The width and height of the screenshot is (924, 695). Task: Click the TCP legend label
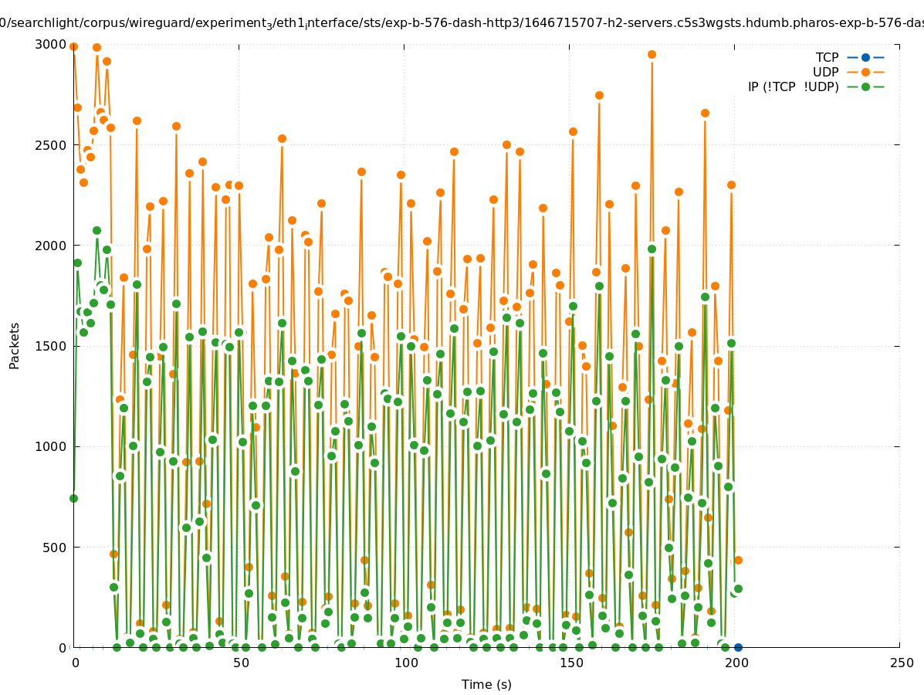[x=827, y=57]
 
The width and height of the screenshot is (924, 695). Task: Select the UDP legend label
[x=825, y=72]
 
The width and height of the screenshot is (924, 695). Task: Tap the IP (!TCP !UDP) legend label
[x=793, y=86]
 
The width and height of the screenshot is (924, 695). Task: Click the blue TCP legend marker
[x=865, y=57]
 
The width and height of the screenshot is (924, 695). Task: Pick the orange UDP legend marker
[x=865, y=72]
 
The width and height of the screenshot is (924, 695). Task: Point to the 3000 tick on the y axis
[x=52, y=44]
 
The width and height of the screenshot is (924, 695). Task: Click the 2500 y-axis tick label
[x=52, y=144]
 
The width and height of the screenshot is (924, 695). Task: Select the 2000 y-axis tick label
[x=52, y=246]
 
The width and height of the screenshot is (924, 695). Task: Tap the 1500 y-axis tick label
[x=52, y=346]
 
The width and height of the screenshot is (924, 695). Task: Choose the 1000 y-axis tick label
[x=52, y=446]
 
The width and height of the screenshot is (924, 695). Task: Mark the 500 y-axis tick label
[x=55, y=547]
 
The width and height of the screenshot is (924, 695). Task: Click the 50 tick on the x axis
[x=240, y=663]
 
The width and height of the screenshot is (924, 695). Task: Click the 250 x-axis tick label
[x=900, y=663]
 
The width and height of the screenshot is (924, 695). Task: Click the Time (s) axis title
[x=486, y=684]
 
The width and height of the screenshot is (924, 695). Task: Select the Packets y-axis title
[x=15, y=345]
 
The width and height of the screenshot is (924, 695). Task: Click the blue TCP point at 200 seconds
[x=738, y=647]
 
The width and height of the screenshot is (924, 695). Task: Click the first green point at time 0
[x=73, y=498]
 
